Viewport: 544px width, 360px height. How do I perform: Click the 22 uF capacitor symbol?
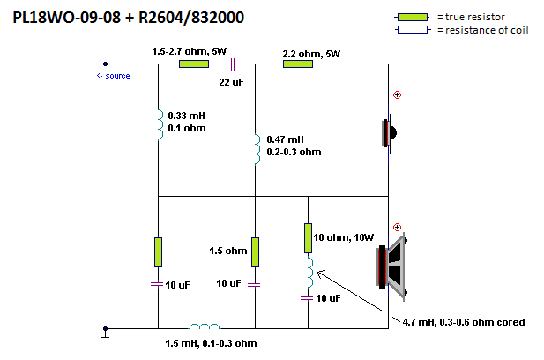(233, 64)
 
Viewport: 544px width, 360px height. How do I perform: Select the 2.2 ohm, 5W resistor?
(298, 64)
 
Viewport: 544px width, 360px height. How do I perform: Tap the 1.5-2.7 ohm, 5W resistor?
(194, 64)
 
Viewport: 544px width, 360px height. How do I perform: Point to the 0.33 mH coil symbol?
(160, 124)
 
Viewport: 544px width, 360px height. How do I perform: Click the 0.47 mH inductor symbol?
(257, 150)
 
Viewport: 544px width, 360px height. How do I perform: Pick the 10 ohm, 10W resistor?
(308, 238)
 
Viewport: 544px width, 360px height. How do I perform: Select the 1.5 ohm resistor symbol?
(255, 252)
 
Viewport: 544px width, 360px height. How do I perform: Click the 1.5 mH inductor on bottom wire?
(205, 326)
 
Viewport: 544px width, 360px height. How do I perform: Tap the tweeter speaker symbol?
(390, 133)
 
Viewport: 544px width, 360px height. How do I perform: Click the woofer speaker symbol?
(392, 266)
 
